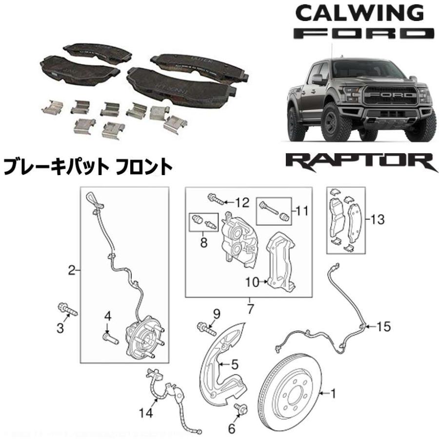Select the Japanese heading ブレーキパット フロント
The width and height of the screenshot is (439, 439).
[x=88, y=167]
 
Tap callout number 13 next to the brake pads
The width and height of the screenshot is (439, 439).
[x=377, y=219]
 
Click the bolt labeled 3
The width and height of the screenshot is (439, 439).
[x=68, y=310]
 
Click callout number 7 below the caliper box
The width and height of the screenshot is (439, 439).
[x=249, y=308]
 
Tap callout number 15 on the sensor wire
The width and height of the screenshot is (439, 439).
[x=384, y=326]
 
